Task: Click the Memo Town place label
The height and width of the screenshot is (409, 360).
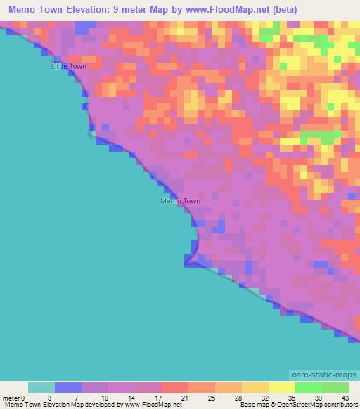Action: tap(180, 201)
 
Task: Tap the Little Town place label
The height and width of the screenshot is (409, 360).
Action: tap(68, 67)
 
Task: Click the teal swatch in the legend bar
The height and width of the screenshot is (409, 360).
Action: tap(41, 388)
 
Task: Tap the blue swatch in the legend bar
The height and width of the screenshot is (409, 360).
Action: tap(68, 388)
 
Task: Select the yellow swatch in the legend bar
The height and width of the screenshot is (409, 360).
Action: tap(281, 388)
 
